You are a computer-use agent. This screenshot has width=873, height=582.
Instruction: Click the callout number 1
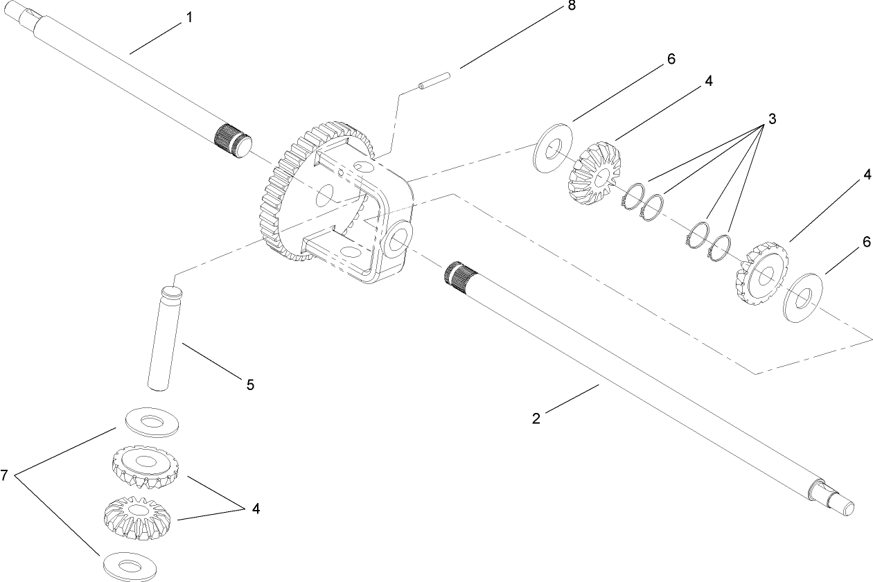pyautogui.click(x=188, y=19)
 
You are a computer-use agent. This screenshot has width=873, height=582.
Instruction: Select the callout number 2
pyautogui.click(x=536, y=418)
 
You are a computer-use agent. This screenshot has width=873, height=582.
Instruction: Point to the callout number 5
pyautogui.click(x=250, y=384)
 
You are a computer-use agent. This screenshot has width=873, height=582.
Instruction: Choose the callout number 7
pyautogui.click(x=6, y=475)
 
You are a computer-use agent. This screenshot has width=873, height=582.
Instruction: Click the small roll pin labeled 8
pyautogui.click(x=433, y=80)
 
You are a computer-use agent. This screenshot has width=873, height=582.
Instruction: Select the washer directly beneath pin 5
pyautogui.click(x=152, y=421)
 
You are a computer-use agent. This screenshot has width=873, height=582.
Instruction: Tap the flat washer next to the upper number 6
pyautogui.click(x=552, y=148)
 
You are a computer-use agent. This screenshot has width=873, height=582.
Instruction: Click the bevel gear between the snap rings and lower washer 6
pyautogui.click(x=761, y=273)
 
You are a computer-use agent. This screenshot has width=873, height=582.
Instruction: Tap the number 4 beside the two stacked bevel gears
pyautogui.click(x=256, y=509)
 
